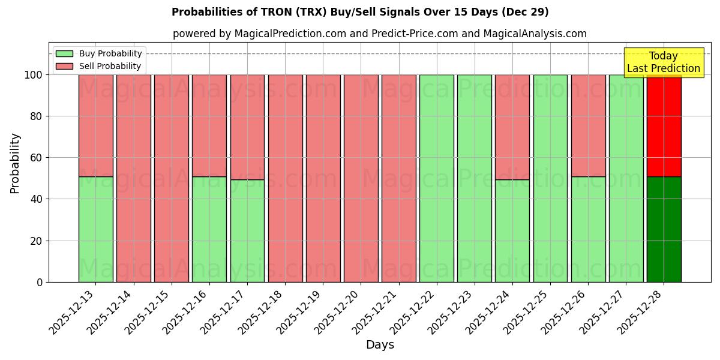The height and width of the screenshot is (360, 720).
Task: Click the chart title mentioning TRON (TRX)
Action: pyautogui.click(x=360, y=12)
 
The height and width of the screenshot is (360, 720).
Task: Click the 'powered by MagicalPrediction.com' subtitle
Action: pyautogui.click(x=379, y=34)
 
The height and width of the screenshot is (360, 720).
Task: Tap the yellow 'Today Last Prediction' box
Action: pyautogui.click(x=663, y=62)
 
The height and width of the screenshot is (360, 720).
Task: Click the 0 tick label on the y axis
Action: pyautogui.click(x=40, y=282)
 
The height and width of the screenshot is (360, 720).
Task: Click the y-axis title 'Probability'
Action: pyautogui.click(x=15, y=163)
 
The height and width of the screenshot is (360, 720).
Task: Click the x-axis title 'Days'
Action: pyautogui.click(x=380, y=345)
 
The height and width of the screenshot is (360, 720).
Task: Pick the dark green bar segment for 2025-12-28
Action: pyautogui.click(x=664, y=229)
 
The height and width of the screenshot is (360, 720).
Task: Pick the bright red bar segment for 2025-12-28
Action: pyautogui.click(x=664, y=125)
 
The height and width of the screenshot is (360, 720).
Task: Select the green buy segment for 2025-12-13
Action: pyautogui.click(x=95, y=229)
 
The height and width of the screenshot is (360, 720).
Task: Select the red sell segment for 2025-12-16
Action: pyautogui.click(x=209, y=125)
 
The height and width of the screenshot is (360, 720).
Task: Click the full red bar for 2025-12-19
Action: pyautogui.click(x=323, y=178)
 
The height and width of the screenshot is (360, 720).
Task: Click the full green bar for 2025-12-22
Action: pyautogui.click(x=436, y=178)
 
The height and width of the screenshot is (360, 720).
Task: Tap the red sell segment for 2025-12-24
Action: pyautogui.click(x=512, y=127)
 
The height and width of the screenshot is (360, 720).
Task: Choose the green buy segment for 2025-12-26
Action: pyautogui.click(x=588, y=229)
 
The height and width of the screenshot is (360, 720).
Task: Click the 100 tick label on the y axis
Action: pyautogui.click(x=34, y=75)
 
